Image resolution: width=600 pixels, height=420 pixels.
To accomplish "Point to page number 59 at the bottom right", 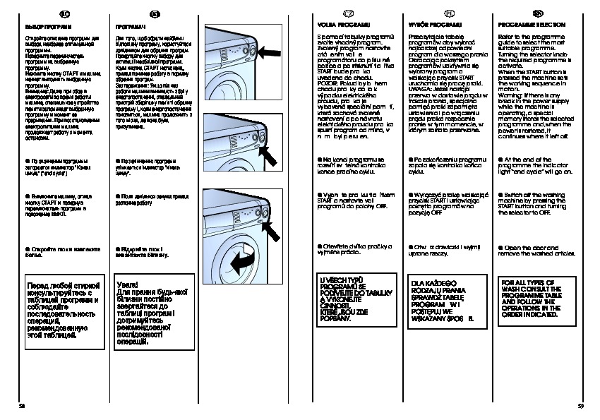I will point(580,404).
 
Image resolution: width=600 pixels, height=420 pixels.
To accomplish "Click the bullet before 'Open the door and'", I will point(500,247).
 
